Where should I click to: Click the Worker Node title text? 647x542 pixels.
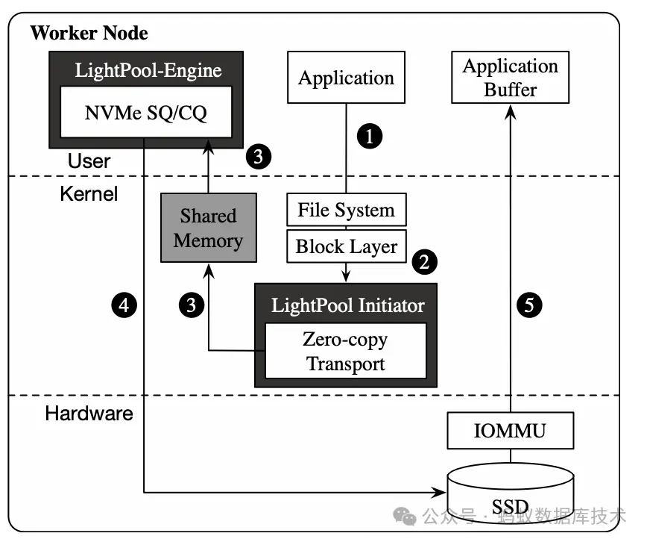(x=89, y=34)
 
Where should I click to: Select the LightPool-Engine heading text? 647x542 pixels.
(x=148, y=71)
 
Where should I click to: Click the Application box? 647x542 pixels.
(x=346, y=78)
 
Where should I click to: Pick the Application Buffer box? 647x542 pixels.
(x=510, y=78)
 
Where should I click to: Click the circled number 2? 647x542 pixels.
(x=423, y=261)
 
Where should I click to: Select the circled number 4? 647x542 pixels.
(x=124, y=304)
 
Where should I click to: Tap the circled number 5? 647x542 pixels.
(x=528, y=304)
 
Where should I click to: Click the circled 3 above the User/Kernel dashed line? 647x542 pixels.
(x=258, y=157)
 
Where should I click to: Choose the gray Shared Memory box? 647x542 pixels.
(x=208, y=228)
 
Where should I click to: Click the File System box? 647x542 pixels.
(x=346, y=211)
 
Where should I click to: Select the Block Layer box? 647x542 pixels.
(x=346, y=246)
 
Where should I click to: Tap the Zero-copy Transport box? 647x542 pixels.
(x=345, y=352)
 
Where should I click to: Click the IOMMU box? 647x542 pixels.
(x=510, y=431)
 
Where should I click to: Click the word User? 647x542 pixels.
(x=89, y=161)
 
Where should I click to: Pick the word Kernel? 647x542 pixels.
(x=89, y=194)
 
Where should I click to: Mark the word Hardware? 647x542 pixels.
(x=89, y=413)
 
